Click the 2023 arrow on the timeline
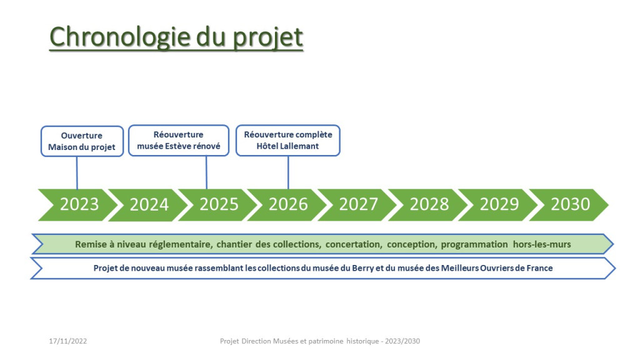(x=77, y=205)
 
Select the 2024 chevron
(x=147, y=205)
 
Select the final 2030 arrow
(x=569, y=205)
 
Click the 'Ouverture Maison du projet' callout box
(x=82, y=141)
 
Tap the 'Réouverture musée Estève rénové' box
(x=179, y=141)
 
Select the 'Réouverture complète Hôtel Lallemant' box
(x=288, y=141)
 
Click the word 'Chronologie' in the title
(x=119, y=37)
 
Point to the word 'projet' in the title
(x=267, y=38)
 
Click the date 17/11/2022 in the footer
(x=67, y=341)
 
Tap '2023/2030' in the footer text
(x=402, y=341)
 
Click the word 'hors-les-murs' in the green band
(x=542, y=244)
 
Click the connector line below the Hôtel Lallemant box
(x=288, y=172)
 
